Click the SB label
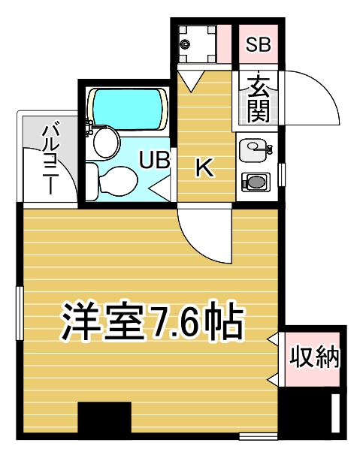tap(258, 45)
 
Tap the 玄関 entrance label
tap(259, 98)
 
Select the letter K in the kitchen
tap(204, 167)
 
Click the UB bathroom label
tap(155, 160)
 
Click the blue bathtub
tap(128, 109)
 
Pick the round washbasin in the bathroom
tap(107, 142)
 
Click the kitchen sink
tap(255, 151)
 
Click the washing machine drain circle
tap(185, 45)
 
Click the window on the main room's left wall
tap(20, 313)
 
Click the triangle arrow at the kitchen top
tap(191, 81)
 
